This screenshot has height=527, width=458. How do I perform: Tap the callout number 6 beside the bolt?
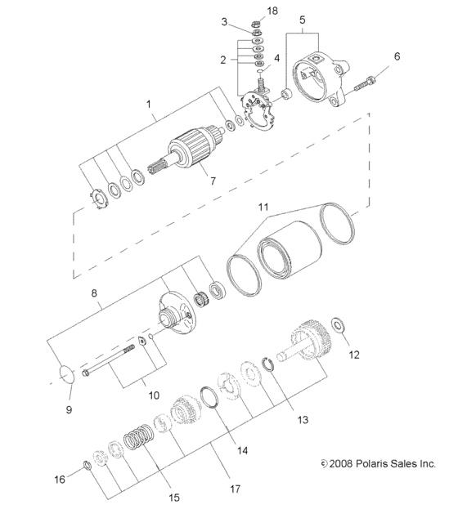click(398, 57)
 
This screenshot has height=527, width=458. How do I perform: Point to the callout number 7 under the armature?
click(212, 180)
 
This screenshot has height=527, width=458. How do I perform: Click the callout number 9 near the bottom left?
click(69, 408)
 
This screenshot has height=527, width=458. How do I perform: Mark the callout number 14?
click(242, 449)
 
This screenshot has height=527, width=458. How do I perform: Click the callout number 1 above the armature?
click(150, 105)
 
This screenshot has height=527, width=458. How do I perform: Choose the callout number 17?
click(234, 489)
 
